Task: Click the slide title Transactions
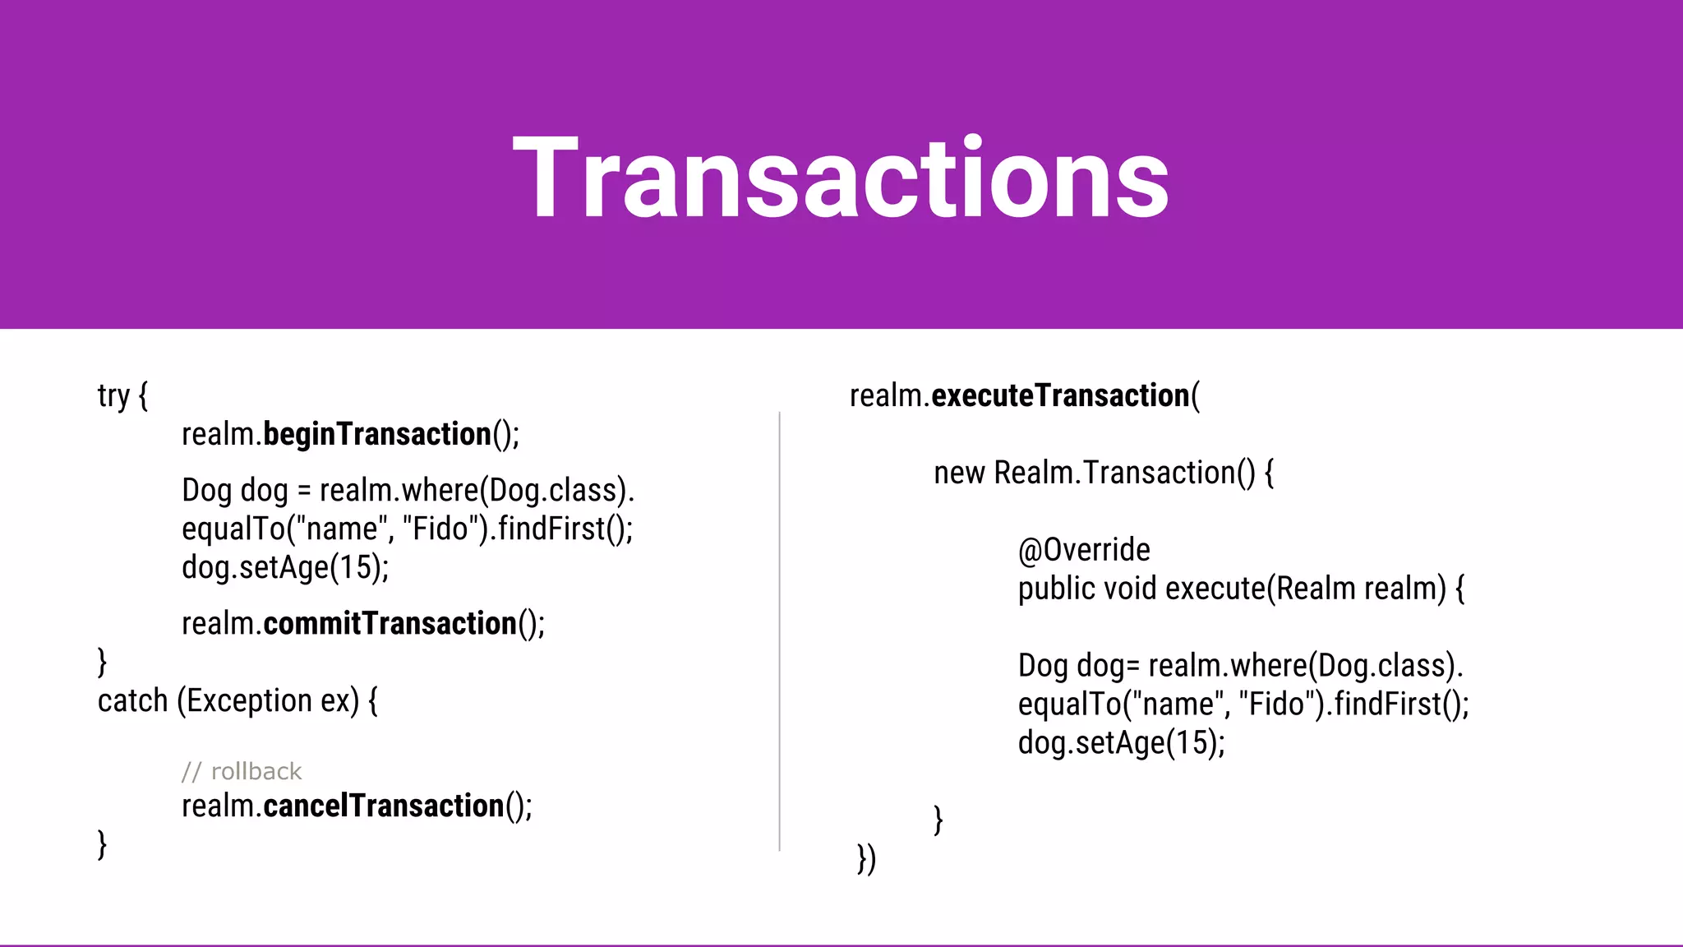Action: click(x=841, y=178)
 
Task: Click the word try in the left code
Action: click(x=113, y=396)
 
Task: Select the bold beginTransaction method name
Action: click(x=377, y=434)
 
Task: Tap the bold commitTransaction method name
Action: click(x=390, y=624)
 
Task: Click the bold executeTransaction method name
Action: click(x=1060, y=396)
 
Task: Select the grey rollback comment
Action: click(x=242, y=771)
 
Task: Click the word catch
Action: click(x=132, y=701)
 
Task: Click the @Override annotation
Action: click(x=1084, y=550)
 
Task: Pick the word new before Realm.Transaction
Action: click(x=959, y=473)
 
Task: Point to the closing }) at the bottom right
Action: click(x=866, y=859)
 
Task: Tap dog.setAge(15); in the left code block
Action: click(x=285, y=567)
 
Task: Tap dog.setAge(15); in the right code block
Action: click(x=1121, y=743)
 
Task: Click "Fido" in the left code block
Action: click(x=441, y=529)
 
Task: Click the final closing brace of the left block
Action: click(x=102, y=844)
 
